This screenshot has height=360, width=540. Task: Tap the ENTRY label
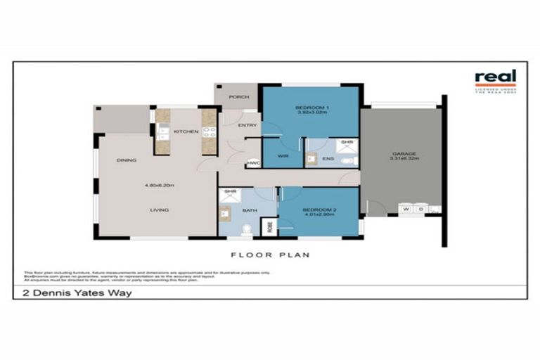[247, 126]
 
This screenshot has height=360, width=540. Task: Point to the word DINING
[127, 160]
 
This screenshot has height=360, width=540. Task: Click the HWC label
[252, 164]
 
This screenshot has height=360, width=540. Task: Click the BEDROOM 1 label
[312, 108]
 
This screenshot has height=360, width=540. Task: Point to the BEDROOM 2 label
[320, 210]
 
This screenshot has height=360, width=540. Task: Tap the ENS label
[328, 160]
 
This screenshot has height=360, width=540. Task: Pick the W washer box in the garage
[406, 209]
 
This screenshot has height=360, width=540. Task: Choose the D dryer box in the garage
[420, 209]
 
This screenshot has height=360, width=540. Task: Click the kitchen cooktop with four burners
[208, 131]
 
